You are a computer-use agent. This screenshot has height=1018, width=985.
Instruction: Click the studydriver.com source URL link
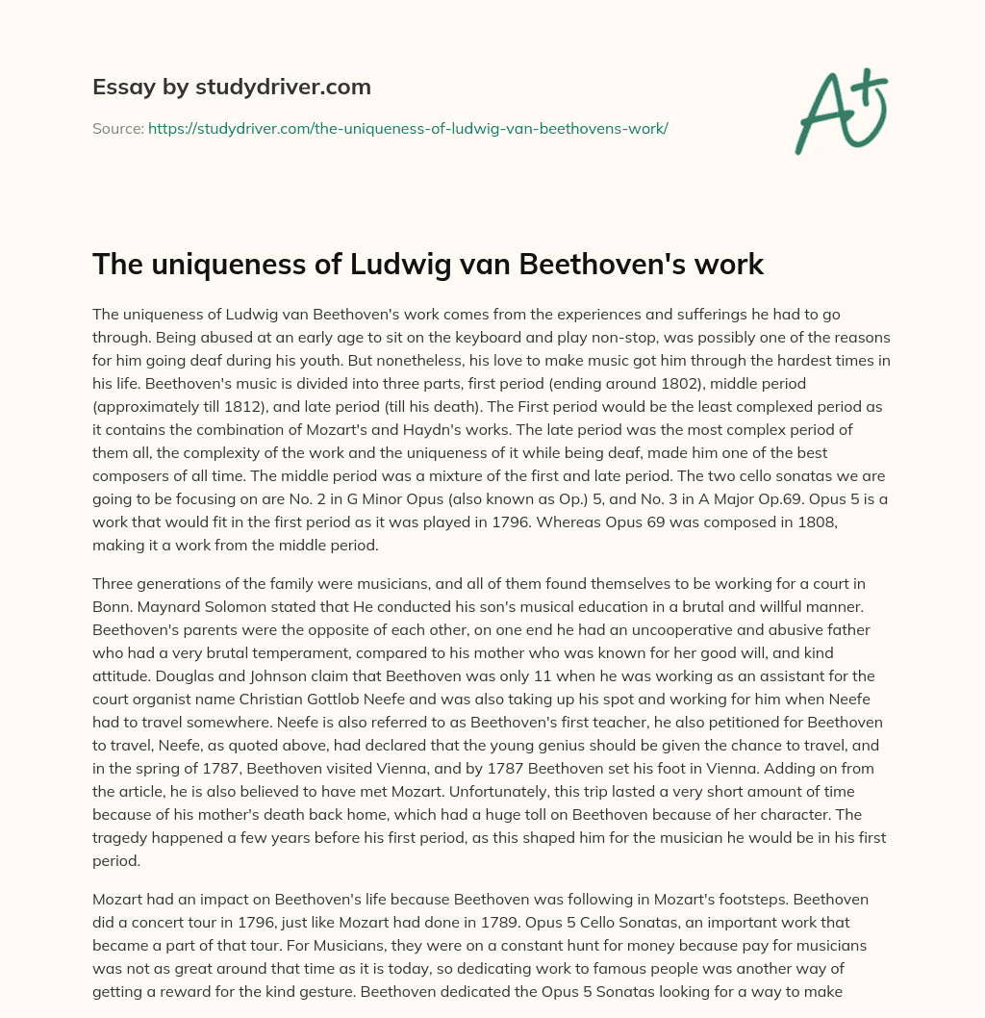click(x=408, y=128)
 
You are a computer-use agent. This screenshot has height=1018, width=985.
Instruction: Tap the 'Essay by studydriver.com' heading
click(x=232, y=87)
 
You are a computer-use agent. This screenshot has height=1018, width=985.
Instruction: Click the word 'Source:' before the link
click(x=117, y=128)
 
